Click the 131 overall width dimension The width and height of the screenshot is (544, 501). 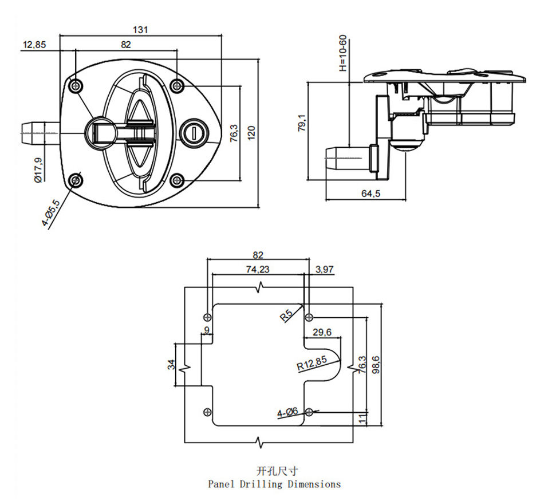pyautogui.click(x=140, y=30)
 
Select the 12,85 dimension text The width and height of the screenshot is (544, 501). pyautogui.click(x=34, y=45)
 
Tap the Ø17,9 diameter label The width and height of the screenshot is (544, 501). pyautogui.click(x=38, y=170)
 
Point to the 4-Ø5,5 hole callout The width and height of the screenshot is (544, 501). pyautogui.click(x=52, y=213)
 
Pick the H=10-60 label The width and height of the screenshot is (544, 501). pyautogui.click(x=343, y=53)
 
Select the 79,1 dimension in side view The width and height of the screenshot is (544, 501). pyautogui.click(x=302, y=123)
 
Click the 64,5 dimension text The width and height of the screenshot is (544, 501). pyautogui.click(x=370, y=194)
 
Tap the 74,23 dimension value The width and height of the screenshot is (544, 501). pyautogui.click(x=258, y=269)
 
